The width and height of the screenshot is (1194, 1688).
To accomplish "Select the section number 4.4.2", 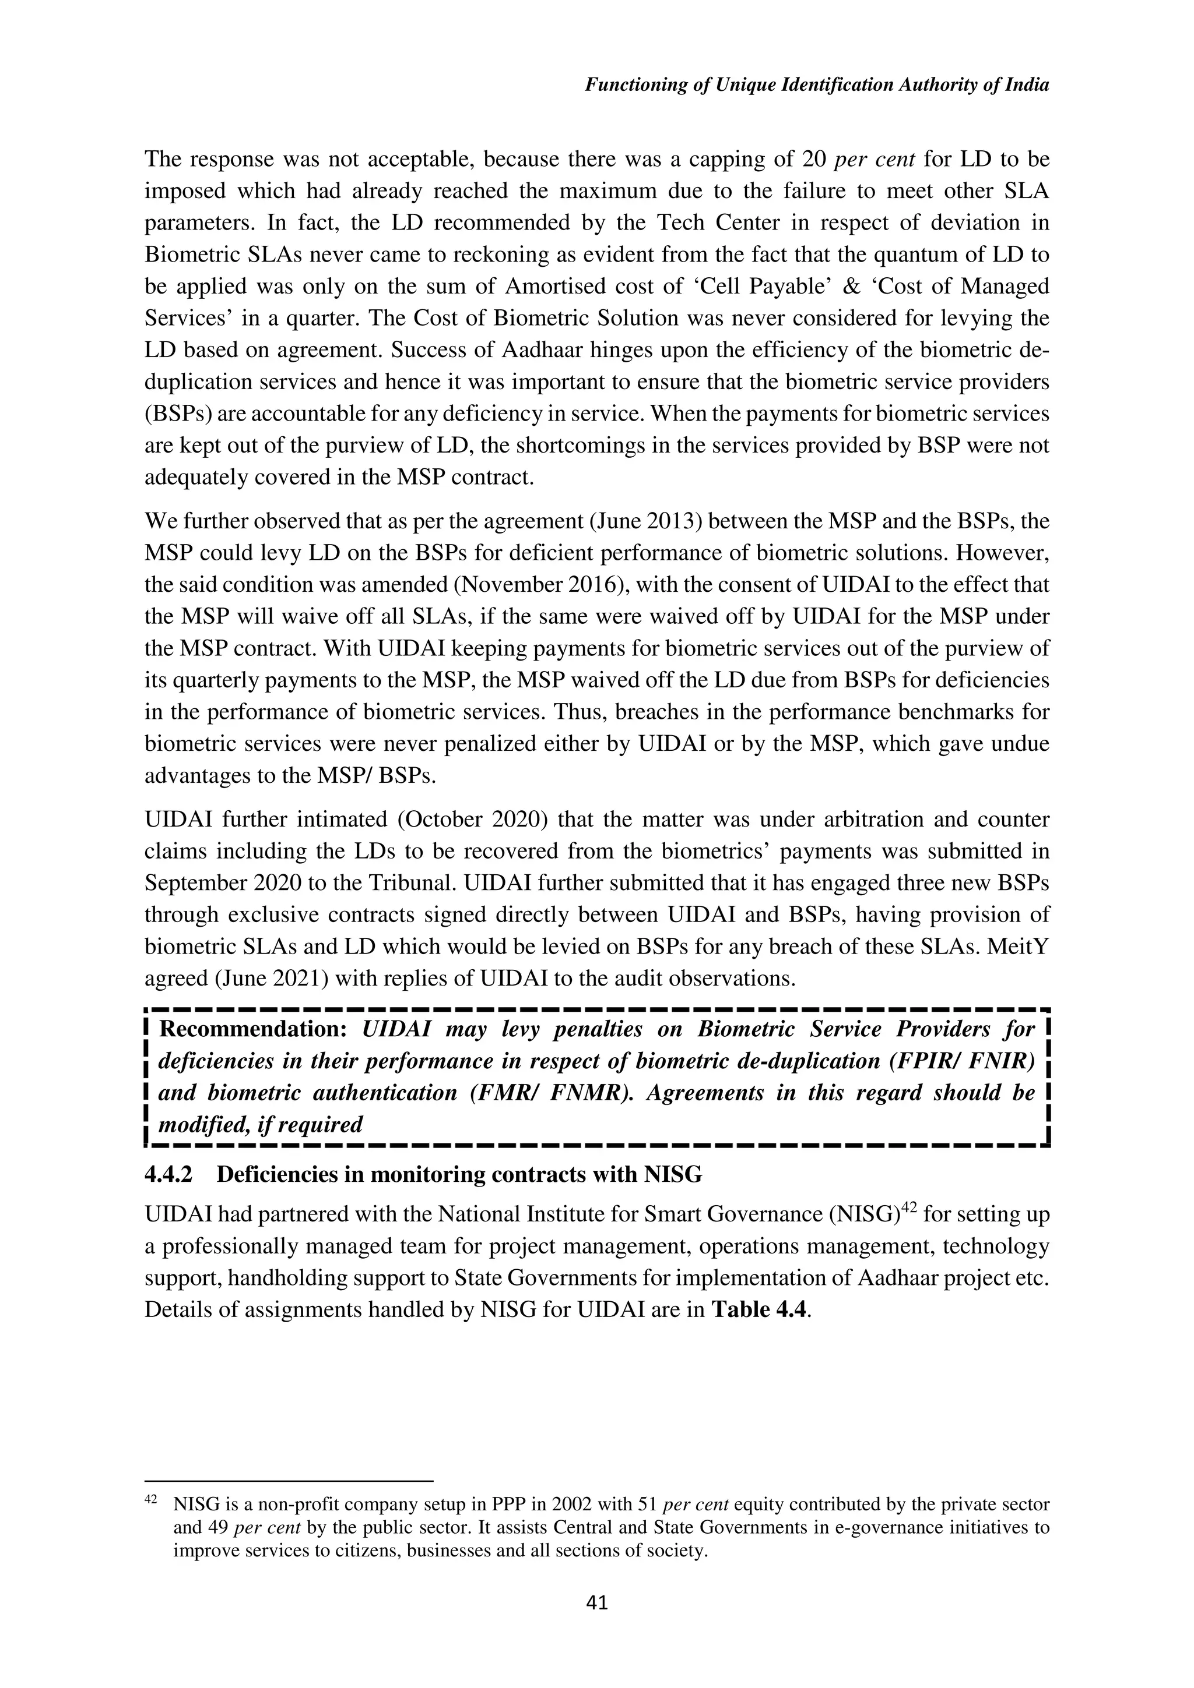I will [168, 1174].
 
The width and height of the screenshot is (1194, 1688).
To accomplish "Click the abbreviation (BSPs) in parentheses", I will [177, 414].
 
